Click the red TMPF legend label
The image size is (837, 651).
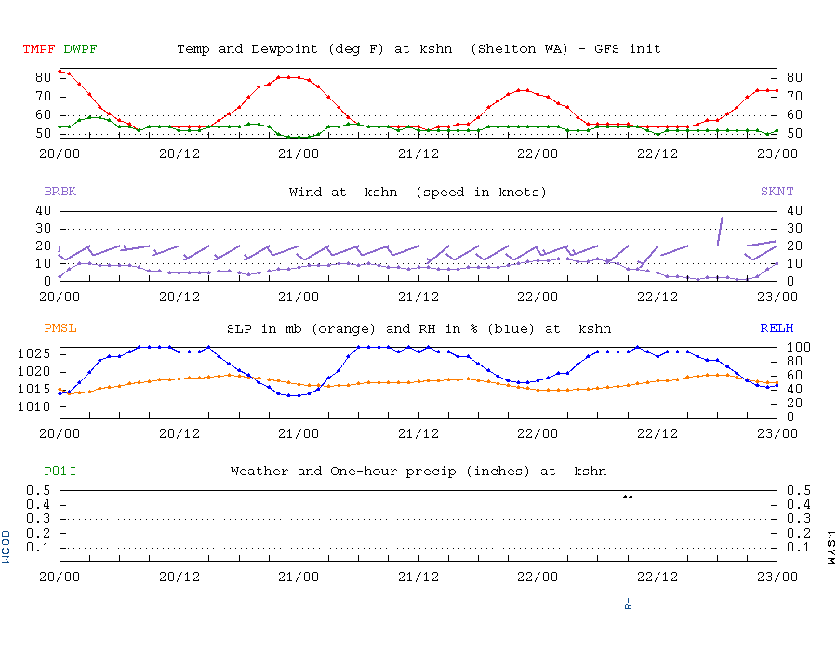(x=39, y=48)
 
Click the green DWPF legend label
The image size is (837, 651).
(x=80, y=48)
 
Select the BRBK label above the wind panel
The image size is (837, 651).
(x=60, y=192)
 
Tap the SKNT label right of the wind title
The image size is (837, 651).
(x=777, y=192)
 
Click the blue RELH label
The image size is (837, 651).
(x=777, y=328)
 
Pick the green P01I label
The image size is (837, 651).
(x=60, y=472)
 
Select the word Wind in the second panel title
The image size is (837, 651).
(x=305, y=192)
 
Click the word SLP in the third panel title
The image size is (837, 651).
(x=238, y=328)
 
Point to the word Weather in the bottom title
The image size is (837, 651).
(x=259, y=472)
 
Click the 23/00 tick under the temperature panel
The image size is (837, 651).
(x=777, y=153)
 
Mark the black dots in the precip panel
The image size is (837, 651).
(x=628, y=497)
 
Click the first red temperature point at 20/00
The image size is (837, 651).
(x=60, y=71)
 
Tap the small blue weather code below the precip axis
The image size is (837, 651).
(x=628, y=604)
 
